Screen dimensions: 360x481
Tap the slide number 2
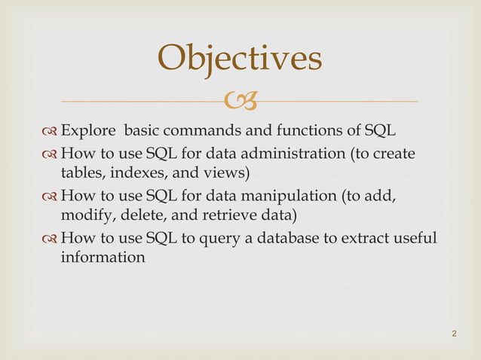455,333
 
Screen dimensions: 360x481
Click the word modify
85,216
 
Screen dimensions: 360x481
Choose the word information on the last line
102,258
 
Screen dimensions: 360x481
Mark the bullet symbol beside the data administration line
47,155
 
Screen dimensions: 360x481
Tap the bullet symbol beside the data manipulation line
47,198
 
